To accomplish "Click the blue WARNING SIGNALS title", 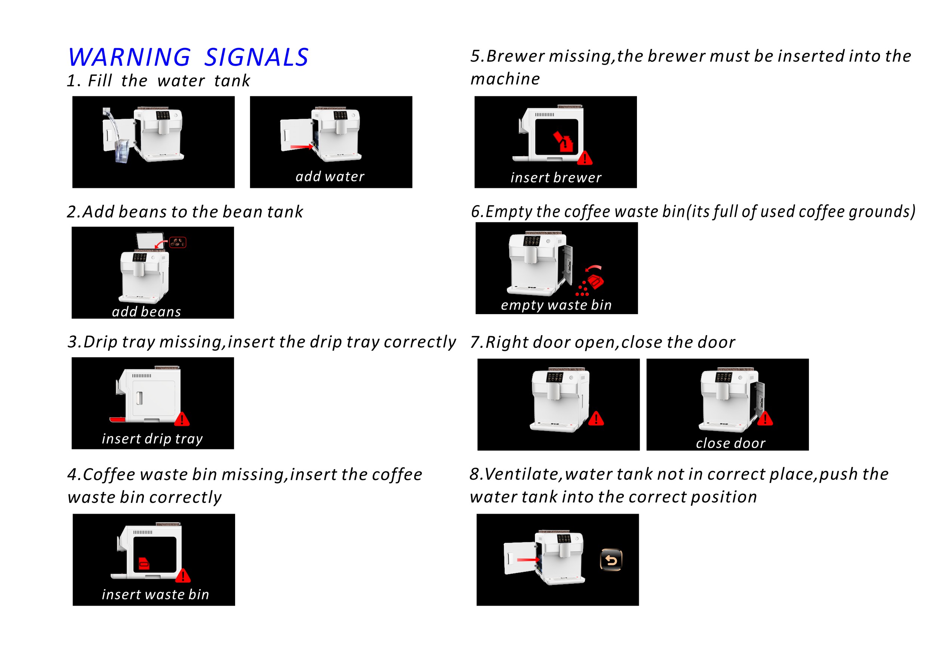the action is tap(188, 57).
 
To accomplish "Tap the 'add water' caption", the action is tap(330, 176).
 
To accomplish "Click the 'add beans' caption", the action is tap(147, 312).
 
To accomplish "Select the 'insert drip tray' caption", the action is tap(152, 439).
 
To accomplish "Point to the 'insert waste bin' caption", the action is tap(155, 594).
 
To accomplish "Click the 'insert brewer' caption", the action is tap(556, 177).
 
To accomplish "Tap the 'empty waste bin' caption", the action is tap(556, 305).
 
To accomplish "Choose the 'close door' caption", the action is tap(730, 443).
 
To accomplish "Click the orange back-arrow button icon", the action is tap(611, 560).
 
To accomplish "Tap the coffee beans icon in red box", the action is tap(178, 242).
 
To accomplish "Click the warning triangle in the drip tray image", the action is tap(182, 419).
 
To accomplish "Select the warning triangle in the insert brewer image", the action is tap(585, 158).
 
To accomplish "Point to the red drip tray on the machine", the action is tap(117, 420).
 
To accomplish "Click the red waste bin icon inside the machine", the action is tap(144, 564).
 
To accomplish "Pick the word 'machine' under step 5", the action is tap(505, 79).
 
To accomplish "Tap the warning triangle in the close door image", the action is tap(765, 418).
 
